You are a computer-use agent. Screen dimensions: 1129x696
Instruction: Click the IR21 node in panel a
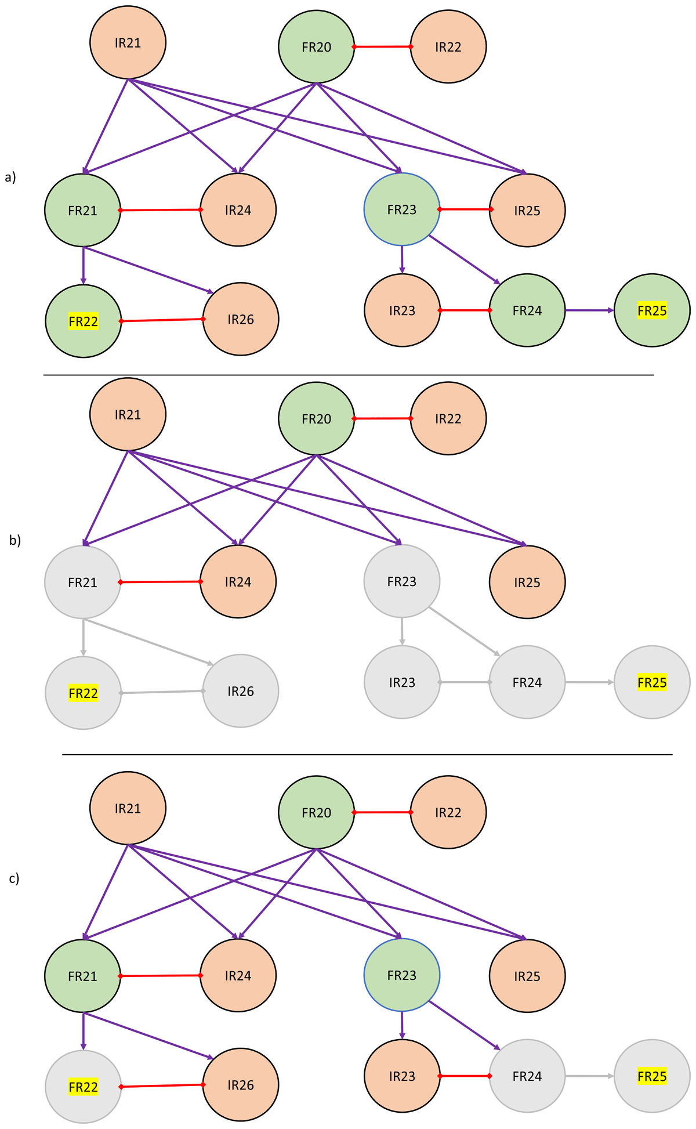click(128, 42)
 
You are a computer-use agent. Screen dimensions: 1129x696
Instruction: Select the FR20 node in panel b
click(316, 419)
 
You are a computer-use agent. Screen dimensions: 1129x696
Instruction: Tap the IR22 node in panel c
click(448, 812)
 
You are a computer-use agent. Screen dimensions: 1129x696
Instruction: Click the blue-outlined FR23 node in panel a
click(401, 209)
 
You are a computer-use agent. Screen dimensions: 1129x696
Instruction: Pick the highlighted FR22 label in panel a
click(83, 321)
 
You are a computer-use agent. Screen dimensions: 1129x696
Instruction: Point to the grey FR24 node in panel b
click(527, 682)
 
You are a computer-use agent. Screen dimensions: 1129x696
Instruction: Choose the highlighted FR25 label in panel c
click(652, 1076)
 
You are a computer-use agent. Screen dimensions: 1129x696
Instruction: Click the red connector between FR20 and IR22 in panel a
click(382, 46)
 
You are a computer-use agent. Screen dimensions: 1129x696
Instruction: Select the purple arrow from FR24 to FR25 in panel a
click(589, 310)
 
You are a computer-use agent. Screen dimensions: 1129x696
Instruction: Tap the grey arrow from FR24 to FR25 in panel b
click(589, 682)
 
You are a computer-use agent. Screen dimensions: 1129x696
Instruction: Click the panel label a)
click(10, 178)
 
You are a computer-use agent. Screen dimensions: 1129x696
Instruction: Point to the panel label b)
click(15, 540)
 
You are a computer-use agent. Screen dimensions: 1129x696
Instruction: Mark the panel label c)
click(14, 878)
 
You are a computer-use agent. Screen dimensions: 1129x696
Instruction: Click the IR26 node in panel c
click(240, 1085)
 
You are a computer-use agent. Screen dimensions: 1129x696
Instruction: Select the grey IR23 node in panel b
click(401, 682)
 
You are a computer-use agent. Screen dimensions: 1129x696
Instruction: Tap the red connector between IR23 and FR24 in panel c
click(464, 1076)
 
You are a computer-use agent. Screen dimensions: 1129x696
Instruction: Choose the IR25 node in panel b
click(527, 582)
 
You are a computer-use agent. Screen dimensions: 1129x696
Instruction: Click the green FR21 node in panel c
click(82, 976)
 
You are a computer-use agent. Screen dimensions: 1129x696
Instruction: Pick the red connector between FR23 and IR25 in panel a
click(465, 209)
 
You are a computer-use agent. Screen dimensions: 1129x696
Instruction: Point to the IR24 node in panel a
click(238, 210)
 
